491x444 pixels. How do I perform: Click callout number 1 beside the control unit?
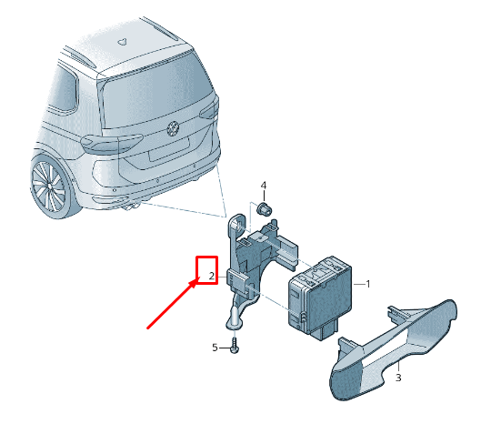click(368, 285)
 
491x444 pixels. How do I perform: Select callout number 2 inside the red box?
click(210, 275)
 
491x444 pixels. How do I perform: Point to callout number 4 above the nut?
click(264, 187)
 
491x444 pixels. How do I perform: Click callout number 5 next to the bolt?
click(215, 348)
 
